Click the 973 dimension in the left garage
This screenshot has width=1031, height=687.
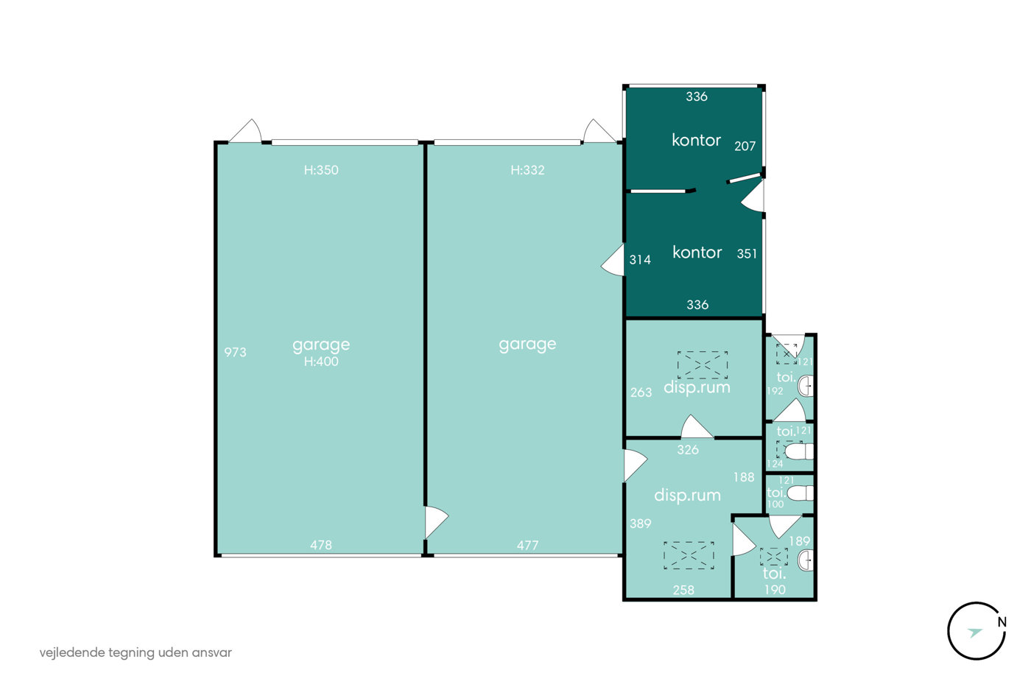click(x=235, y=353)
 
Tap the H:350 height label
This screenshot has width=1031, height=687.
click(x=321, y=170)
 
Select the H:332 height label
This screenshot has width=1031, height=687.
click(x=527, y=170)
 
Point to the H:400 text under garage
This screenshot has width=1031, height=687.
click(x=321, y=362)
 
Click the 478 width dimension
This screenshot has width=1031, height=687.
click(x=321, y=546)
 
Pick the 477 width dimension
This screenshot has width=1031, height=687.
click(x=527, y=546)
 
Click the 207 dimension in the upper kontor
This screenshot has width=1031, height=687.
click(x=745, y=147)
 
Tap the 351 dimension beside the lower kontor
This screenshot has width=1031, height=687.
click(x=747, y=253)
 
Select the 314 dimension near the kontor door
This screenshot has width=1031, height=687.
click(x=640, y=260)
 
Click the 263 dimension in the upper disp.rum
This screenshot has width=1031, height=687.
click(x=641, y=392)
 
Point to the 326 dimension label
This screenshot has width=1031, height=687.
click(x=688, y=450)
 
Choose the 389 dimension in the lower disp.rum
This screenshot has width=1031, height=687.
click(x=641, y=524)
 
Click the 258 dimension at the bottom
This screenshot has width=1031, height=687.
click(x=683, y=590)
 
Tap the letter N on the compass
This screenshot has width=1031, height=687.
click(x=1002, y=623)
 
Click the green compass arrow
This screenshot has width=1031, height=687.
click(x=975, y=633)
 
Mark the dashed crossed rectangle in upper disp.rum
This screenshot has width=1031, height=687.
click(x=703, y=365)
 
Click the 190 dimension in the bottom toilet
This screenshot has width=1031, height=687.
click(x=775, y=590)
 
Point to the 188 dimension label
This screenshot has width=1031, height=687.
click(x=744, y=477)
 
